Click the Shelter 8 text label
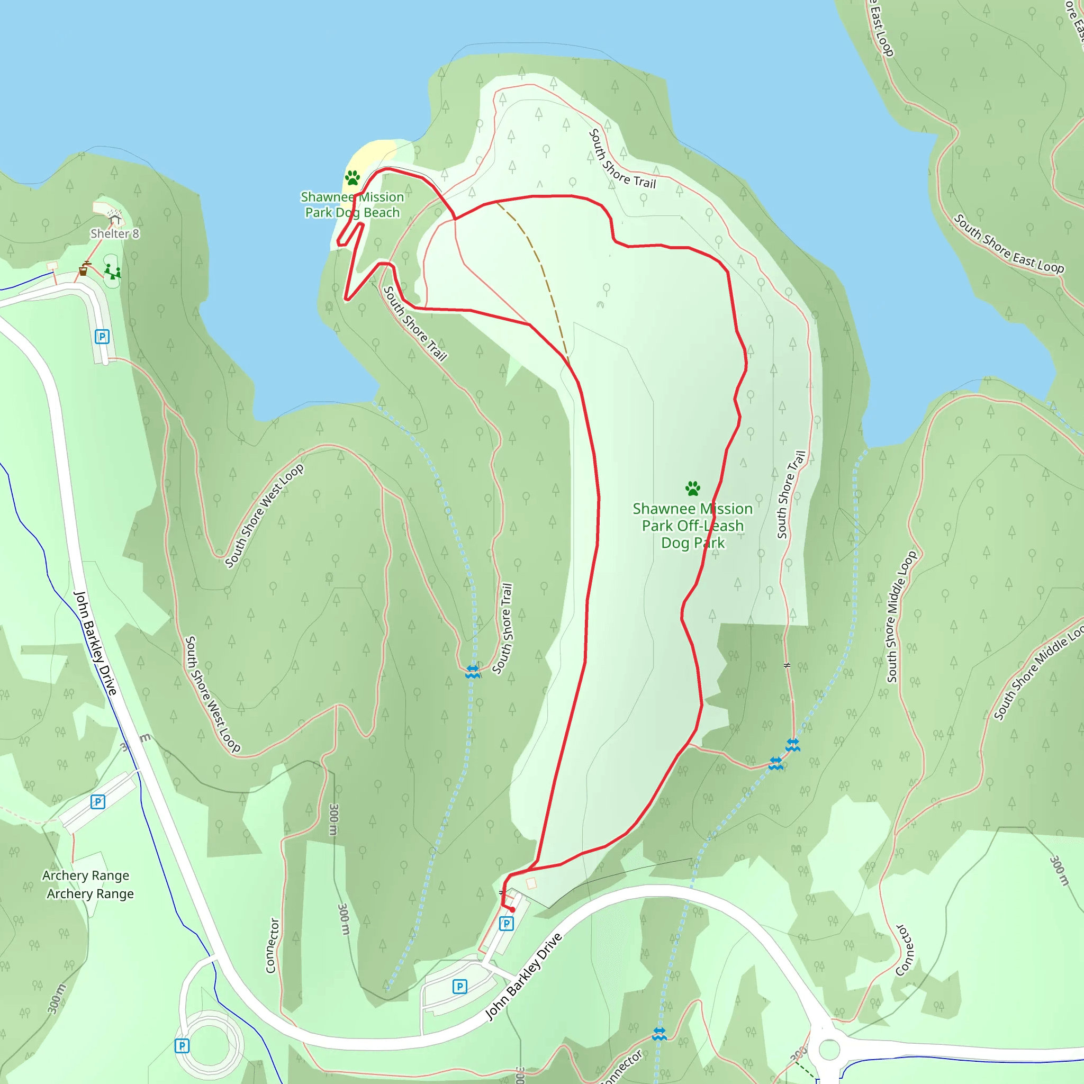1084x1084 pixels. click(x=114, y=233)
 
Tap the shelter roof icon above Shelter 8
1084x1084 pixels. click(x=115, y=218)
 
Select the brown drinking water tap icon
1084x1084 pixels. click(x=83, y=270)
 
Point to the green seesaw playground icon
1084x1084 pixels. click(x=113, y=272)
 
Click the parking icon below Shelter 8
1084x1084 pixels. click(x=102, y=337)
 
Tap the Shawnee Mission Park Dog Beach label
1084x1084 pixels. click(x=353, y=205)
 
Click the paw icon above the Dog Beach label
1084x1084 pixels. click(x=353, y=178)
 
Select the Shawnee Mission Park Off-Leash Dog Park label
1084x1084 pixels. click(x=693, y=526)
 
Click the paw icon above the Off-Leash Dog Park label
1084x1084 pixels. click(x=693, y=489)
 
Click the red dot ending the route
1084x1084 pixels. click(x=512, y=909)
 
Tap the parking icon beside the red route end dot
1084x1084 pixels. click(x=507, y=924)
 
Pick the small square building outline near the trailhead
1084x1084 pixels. click(x=531, y=884)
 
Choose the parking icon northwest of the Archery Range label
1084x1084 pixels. click(x=97, y=802)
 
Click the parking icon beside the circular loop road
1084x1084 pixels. click(x=182, y=1046)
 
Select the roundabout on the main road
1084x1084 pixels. click(x=829, y=1049)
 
